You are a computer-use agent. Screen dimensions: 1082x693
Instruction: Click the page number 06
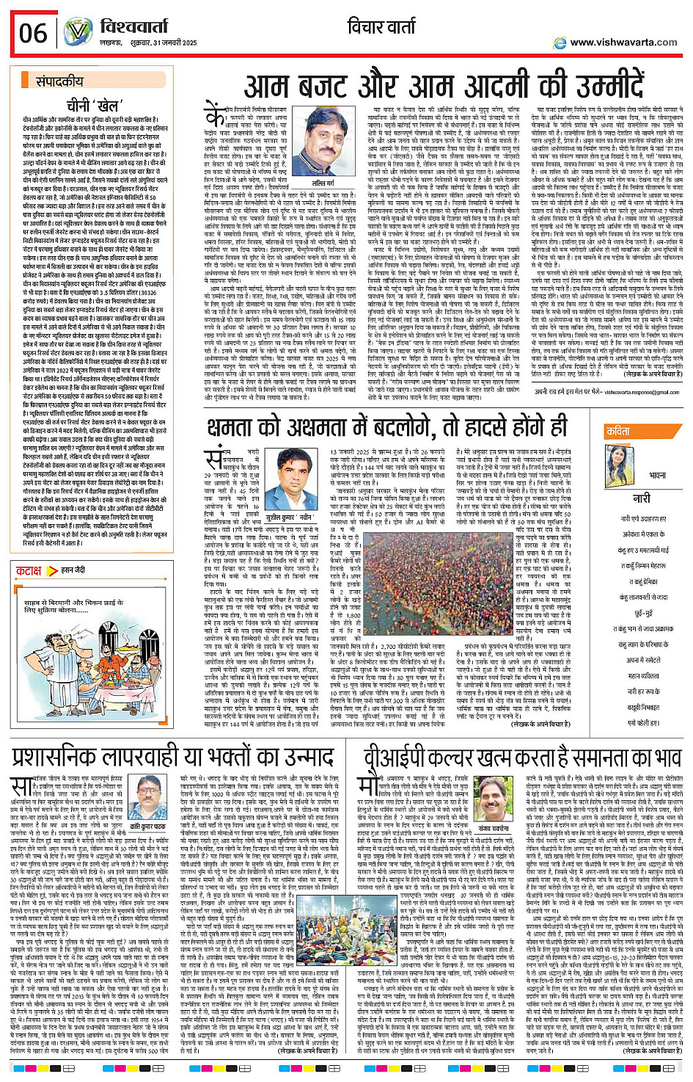[x=33, y=33]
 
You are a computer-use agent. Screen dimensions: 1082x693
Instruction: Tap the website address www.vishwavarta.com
[x=623, y=43]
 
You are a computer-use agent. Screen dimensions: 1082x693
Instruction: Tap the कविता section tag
[x=618, y=432]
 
